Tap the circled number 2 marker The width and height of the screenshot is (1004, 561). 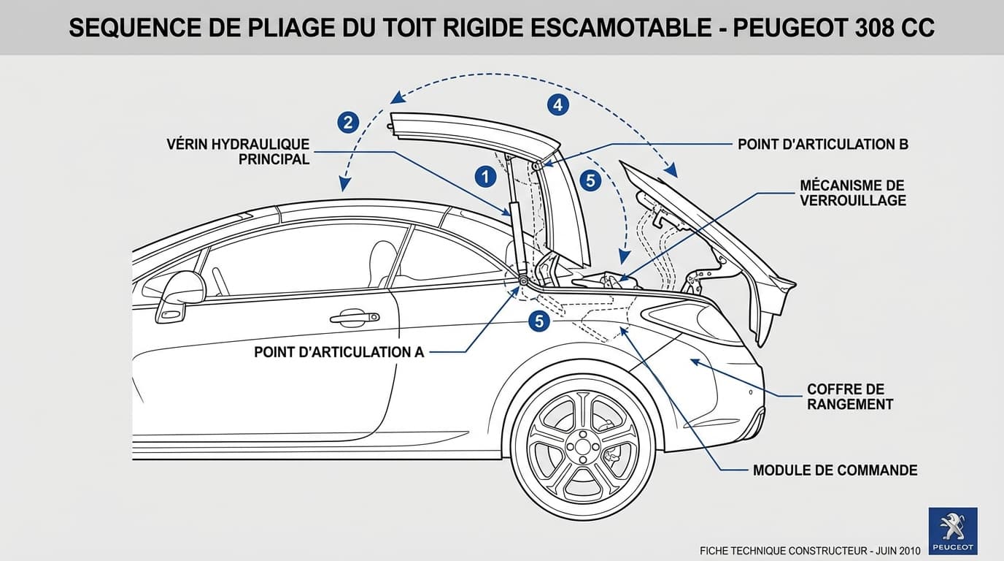coord(348,122)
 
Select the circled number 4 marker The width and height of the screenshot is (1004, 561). coord(557,104)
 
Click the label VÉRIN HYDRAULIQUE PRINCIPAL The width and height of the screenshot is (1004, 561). coord(238,152)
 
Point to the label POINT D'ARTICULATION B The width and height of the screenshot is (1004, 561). coord(822,144)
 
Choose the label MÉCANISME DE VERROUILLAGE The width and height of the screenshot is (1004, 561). coord(852,193)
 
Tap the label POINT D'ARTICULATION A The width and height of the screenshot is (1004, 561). coord(339,352)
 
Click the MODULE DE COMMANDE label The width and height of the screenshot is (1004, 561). coord(835,470)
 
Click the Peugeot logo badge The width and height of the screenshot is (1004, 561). coord(952,531)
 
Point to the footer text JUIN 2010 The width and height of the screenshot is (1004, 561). coord(898,550)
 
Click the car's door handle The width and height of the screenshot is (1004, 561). coord(355,317)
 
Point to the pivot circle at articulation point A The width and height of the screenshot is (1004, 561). coord(523,280)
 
